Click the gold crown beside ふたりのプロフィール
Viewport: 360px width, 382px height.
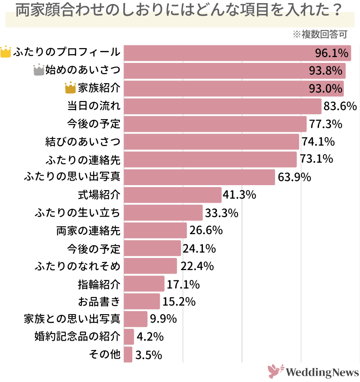(6, 52)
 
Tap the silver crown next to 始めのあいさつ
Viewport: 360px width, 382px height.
(39, 70)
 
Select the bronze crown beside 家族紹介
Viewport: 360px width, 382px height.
(70, 88)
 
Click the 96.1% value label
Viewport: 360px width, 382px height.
(332, 53)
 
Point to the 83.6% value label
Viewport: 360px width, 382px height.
(340, 107)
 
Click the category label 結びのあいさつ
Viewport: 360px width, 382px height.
(83, 142)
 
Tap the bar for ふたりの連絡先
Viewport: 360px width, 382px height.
(210, 160)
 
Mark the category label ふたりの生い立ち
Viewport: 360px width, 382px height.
(77, 213)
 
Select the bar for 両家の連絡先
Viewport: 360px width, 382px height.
(155, 231)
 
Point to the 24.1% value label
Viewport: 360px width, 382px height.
(198, 249)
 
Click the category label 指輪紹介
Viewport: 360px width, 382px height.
(99, 284)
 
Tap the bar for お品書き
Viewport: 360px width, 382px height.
(141, 302)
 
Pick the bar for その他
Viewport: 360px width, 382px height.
(128, 355)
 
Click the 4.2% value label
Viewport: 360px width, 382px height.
(150, 337)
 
